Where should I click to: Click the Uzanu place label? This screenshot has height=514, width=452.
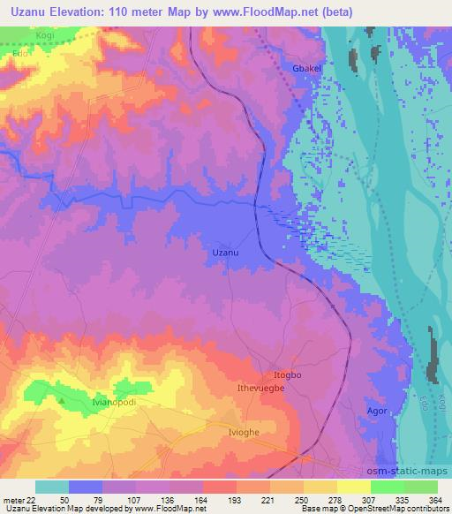coord(226,253)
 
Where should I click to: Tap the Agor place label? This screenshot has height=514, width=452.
coord(377,412)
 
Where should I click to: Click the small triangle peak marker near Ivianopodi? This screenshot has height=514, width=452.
coord(62,400)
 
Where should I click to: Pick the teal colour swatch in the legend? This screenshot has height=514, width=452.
coord(51,487)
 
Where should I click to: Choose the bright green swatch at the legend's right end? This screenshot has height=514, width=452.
coord(420,487)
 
